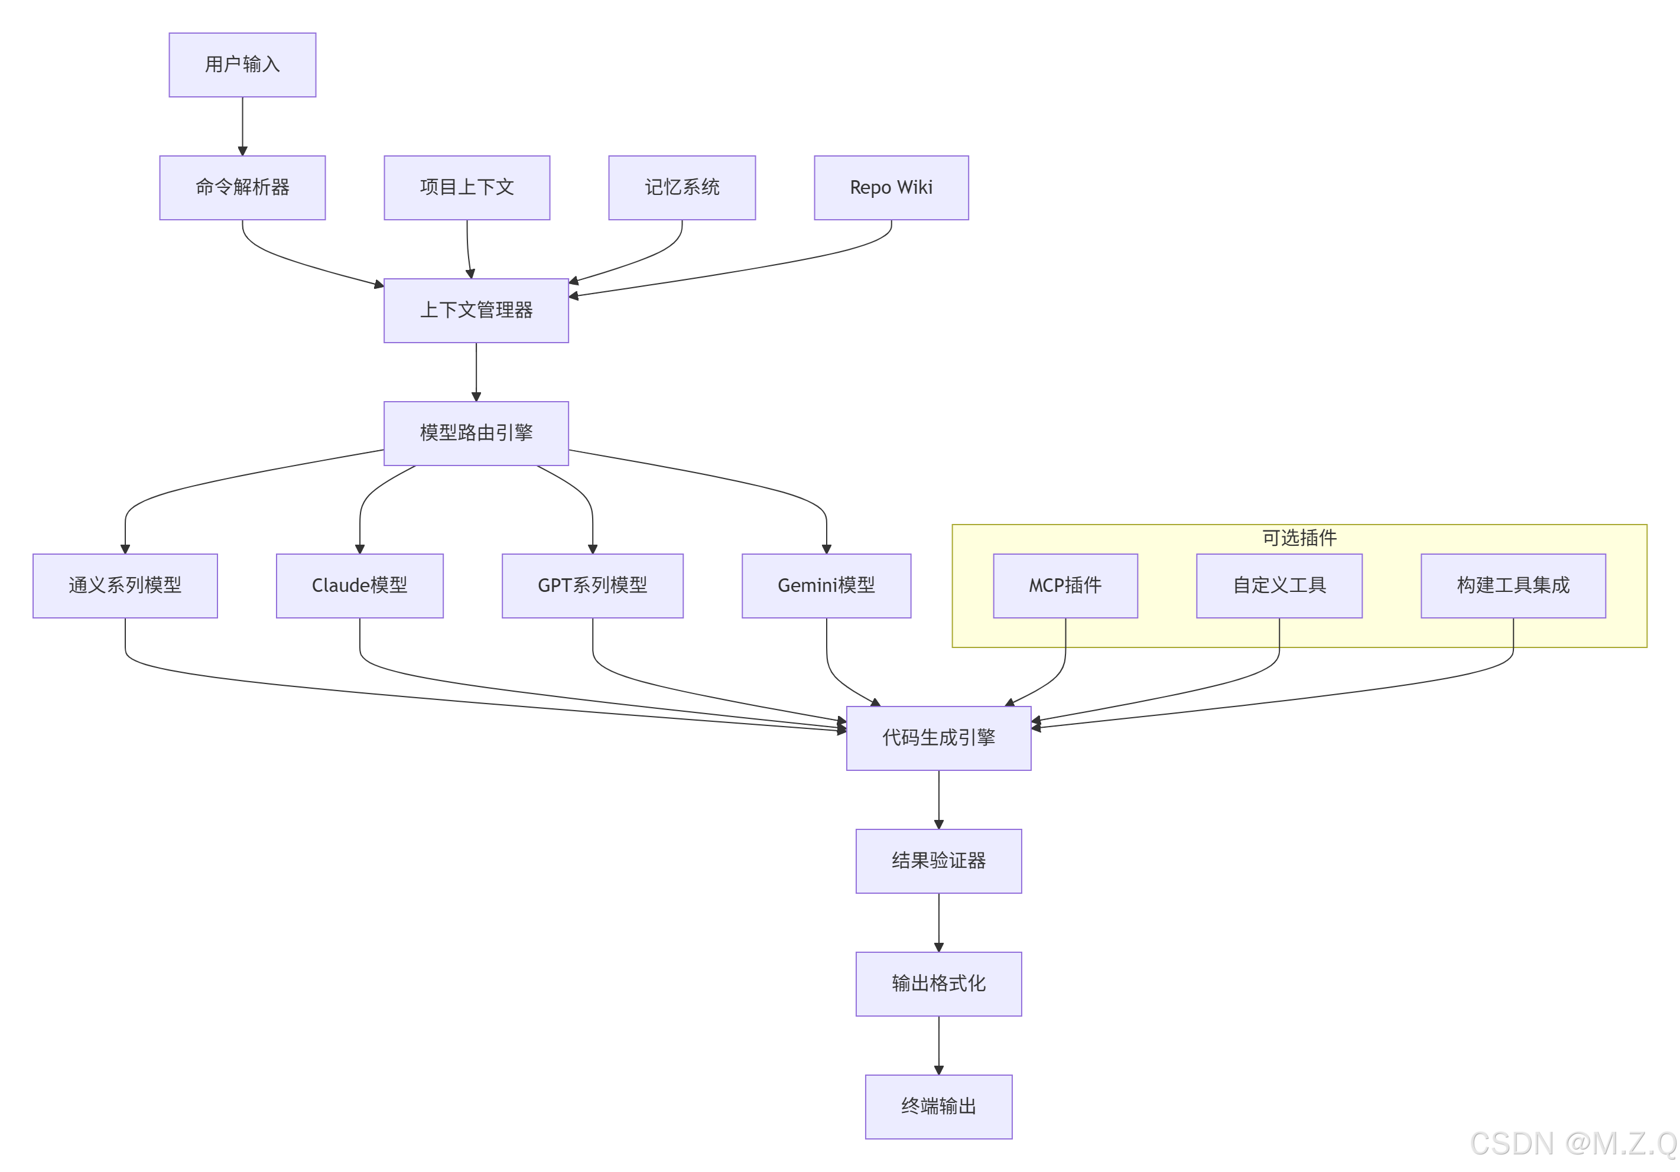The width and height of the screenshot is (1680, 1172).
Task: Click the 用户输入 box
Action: [242, 64]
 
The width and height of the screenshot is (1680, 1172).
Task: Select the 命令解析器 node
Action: [242, 187]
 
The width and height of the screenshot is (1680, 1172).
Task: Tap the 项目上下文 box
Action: [467, 187]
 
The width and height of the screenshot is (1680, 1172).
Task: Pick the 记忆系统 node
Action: [682, 187]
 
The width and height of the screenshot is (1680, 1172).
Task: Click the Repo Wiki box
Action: [891, 187]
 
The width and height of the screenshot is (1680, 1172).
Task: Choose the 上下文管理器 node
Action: [476, 310]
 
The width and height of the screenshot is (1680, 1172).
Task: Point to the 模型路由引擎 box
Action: [476, 433]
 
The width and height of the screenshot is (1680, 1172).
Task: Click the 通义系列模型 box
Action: [125, 585]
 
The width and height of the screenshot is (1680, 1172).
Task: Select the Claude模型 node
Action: [359, 585]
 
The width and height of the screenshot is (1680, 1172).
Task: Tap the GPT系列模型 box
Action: [593, 585]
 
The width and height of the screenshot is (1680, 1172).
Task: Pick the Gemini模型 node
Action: [826, 585]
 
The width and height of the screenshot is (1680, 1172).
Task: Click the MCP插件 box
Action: [1065, 585]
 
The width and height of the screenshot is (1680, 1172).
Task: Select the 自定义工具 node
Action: [1279, 585]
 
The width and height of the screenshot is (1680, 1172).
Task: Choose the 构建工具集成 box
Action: [1513, 585]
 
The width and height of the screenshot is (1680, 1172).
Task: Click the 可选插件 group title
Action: [1299, 538]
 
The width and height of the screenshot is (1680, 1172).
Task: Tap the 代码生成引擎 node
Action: [939, 737]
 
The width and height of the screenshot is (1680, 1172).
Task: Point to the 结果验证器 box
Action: [939, 860]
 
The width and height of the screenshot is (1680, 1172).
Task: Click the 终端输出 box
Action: [939, 1106]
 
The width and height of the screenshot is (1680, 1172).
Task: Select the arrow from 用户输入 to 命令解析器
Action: [242, 126]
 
